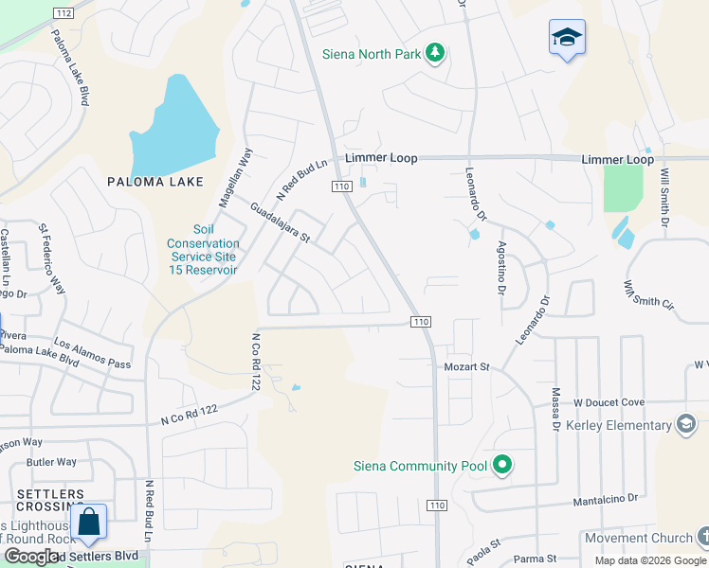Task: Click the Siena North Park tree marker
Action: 435,53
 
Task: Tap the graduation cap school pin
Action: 567,39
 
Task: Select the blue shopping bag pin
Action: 88,524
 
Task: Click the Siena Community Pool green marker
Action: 503,465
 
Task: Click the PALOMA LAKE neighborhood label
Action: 155,182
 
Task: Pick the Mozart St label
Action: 466,366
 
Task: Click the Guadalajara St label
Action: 280,222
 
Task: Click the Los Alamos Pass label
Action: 92,354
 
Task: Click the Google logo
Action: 31,557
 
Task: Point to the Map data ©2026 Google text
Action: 649,560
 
